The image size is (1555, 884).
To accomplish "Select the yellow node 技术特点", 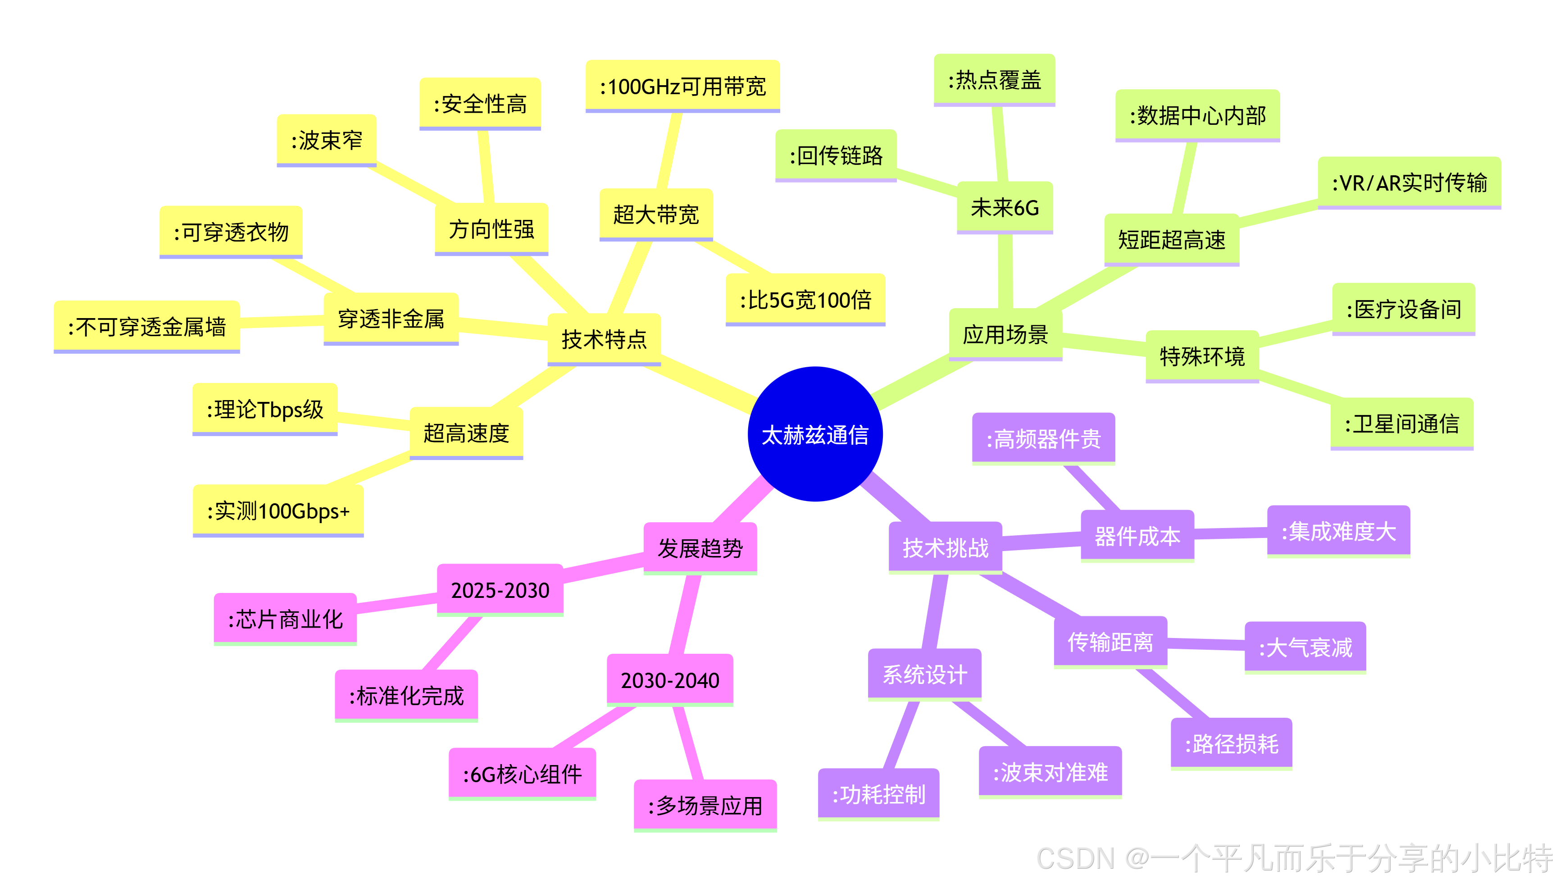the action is click(x=604, y=339).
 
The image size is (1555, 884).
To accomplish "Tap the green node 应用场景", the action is click(x=1005, y=334).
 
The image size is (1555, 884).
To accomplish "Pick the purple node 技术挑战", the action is click(x=945, y=547).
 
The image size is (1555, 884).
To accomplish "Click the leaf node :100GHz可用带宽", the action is click(x=682, y=86).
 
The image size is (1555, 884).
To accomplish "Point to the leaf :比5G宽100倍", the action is click(x=805, y=299).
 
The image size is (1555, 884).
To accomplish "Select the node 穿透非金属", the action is click(x=391, y=318).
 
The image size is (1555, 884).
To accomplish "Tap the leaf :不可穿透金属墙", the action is click(x=147, y=327).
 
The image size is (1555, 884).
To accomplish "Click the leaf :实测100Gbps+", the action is click(x=278, y=510).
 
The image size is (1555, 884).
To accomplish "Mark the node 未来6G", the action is click(x=1005, y=208).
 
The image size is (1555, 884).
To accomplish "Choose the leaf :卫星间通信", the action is click(x=1401, y=423).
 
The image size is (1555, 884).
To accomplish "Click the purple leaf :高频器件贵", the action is click(x=1043, y=438).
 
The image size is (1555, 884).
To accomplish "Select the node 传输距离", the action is click(x=1110, y=642).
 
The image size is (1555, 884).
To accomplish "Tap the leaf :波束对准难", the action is click(x=1050, y=772).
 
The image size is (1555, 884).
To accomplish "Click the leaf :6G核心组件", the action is click(x=522, y=774).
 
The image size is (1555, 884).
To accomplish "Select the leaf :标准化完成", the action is click(x=406, y=696).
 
